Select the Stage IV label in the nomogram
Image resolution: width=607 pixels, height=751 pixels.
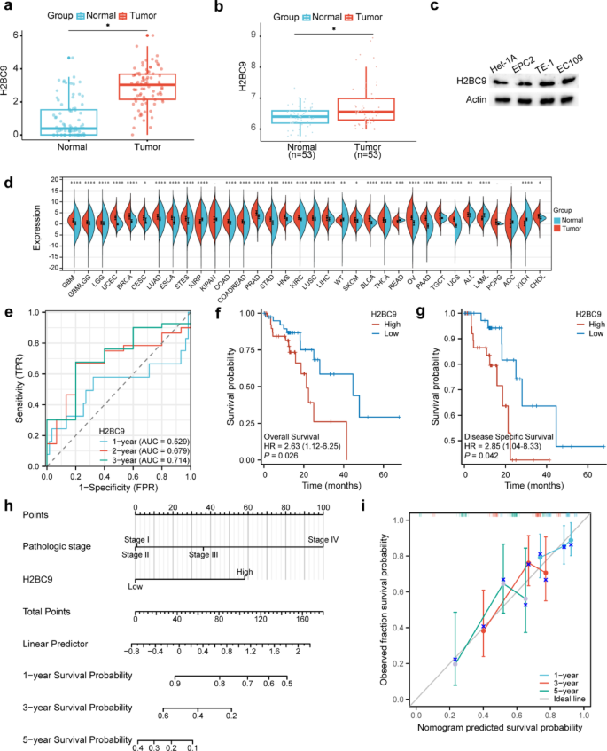[323, 539]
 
